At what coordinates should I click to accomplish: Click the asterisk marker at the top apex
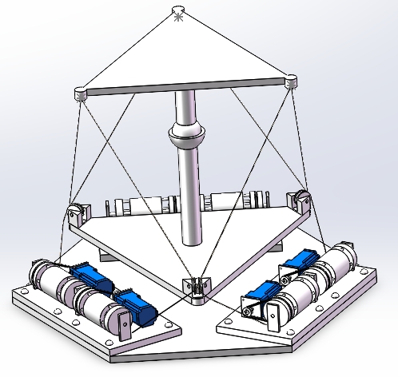(x=178, y=14)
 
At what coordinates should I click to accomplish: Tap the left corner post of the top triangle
(x=80, y=94)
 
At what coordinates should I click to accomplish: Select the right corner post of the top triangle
(x=290, y=81)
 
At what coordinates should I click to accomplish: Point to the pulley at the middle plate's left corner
(x=74, y=214)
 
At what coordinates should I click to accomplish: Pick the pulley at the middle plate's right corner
(x=303, y=199)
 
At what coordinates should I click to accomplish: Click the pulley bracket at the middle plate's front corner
(x=196, y=288)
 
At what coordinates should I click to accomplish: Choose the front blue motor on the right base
(x=264, y=292)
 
